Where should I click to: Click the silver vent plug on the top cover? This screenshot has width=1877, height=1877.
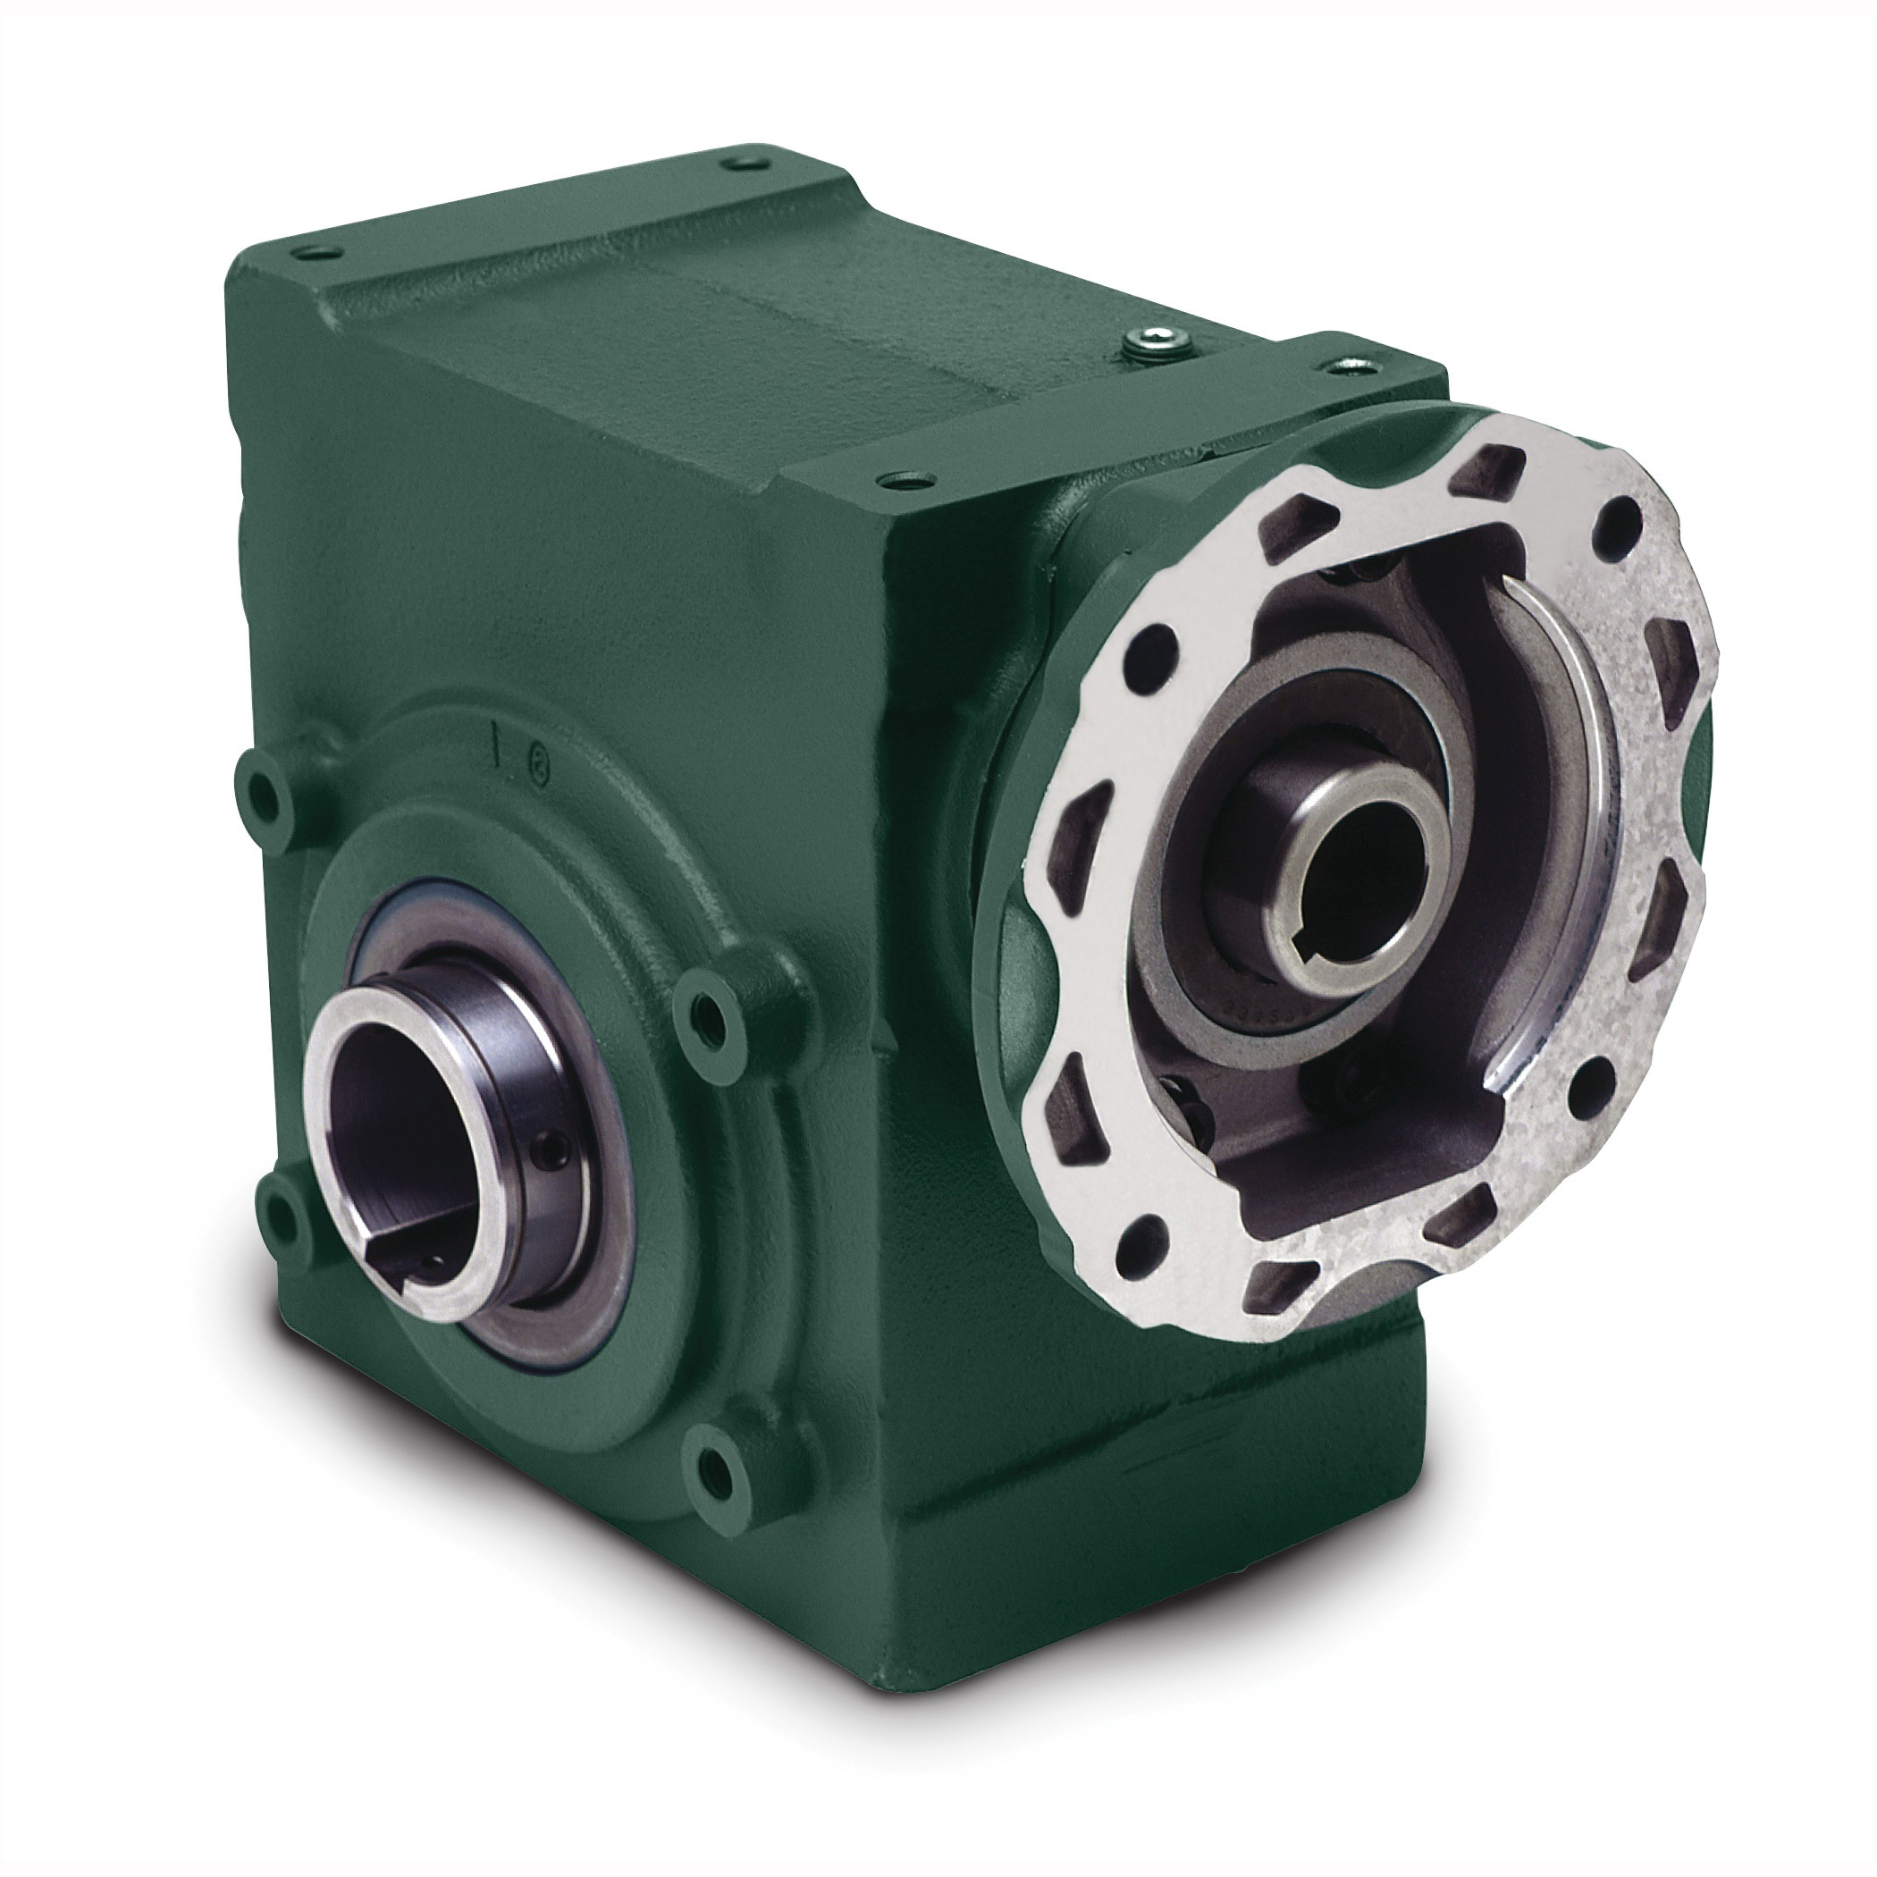tap(1152, 340)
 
